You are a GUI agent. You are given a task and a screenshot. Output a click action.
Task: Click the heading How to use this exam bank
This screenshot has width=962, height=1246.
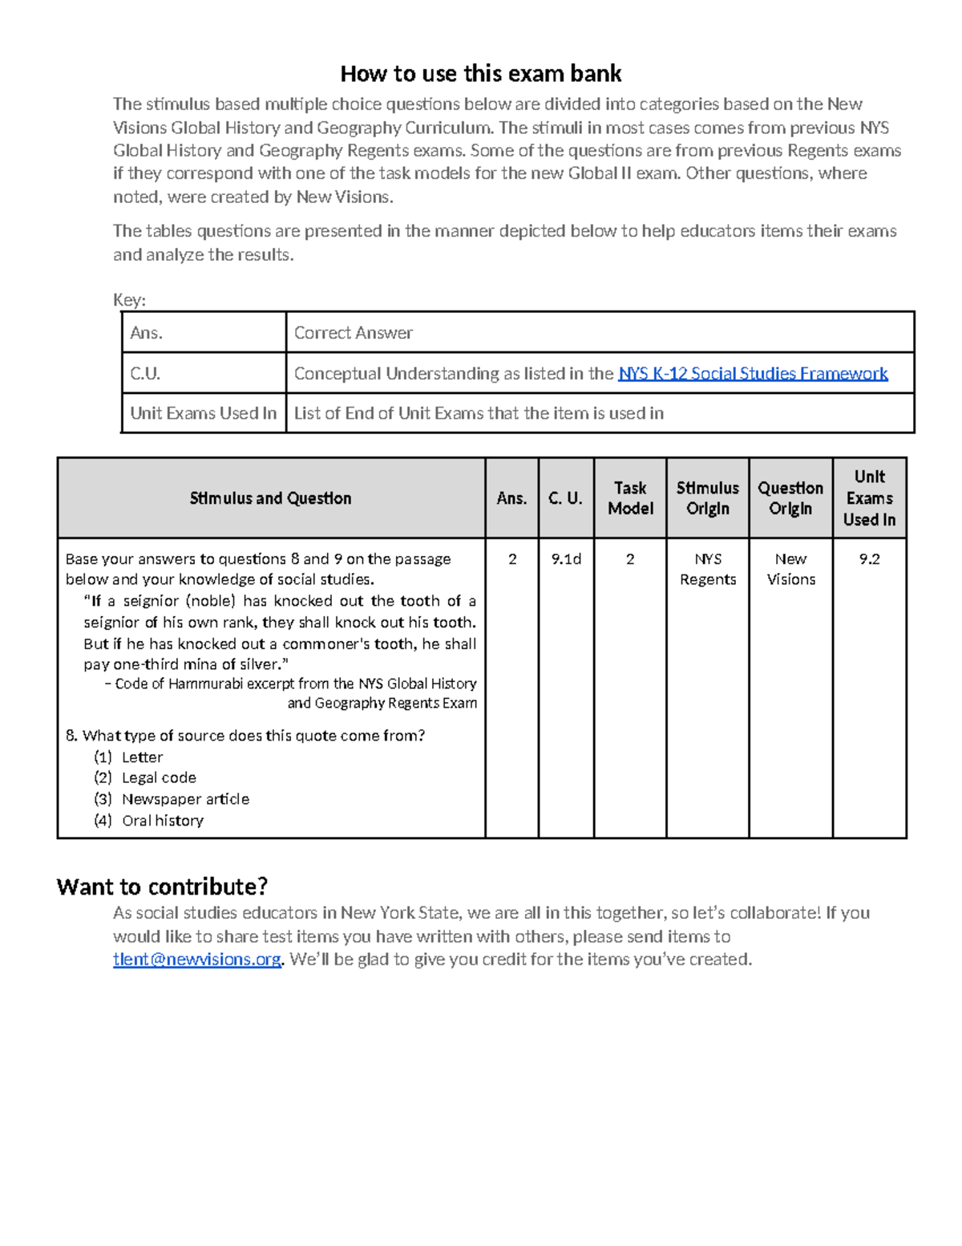point(480,74)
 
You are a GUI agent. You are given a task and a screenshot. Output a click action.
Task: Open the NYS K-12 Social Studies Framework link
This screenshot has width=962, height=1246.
point(752,374)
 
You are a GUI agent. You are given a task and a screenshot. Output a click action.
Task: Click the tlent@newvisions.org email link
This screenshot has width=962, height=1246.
point(196,960)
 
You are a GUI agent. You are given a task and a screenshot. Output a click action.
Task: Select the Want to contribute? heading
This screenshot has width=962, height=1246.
point(162,887)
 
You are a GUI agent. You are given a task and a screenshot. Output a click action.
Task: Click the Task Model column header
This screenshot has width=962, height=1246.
point(630,498)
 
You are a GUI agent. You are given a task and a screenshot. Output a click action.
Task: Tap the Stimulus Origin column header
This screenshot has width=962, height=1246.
point(707,498)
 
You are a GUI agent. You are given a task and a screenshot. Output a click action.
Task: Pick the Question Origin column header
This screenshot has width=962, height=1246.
point(790,498)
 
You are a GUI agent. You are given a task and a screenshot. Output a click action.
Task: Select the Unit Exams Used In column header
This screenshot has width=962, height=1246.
point(869,498)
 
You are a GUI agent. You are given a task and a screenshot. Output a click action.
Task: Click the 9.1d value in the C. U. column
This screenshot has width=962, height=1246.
point(566,559)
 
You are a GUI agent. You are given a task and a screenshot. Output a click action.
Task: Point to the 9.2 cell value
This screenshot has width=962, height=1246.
point(869,559)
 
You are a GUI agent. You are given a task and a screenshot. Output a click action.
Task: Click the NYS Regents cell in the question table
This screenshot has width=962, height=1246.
point(707,569)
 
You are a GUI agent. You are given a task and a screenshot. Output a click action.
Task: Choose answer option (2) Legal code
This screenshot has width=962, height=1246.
point(158,777)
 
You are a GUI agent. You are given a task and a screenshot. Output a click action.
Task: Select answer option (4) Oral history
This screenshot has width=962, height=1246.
point(162,820)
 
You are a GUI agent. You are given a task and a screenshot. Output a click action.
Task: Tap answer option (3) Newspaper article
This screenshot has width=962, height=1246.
point(184,799)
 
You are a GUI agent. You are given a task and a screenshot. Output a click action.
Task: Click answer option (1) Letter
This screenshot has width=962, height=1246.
point(142,757)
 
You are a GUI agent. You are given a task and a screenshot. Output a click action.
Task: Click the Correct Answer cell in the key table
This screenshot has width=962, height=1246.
point(353,333)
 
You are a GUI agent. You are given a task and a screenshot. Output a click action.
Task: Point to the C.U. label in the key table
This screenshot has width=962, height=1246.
point(145,374)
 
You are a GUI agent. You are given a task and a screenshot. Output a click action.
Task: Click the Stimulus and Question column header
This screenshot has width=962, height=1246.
point(270,498)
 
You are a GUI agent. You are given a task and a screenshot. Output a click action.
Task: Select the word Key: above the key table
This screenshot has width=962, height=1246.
point(129,300)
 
